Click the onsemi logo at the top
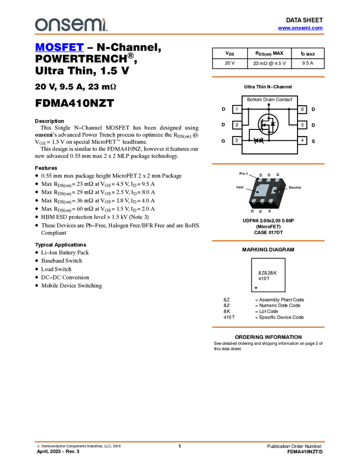coord(71,25)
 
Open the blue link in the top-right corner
coord(300,28)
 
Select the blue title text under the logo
coord(59,48)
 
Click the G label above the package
coord(278,175)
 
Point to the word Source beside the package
coord(295,187)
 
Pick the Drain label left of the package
coord(239,187)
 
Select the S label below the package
coord(270,211)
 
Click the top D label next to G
coord(269,175)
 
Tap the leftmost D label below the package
coord(252,211)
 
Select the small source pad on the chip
coord(275,190)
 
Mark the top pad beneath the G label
coord(277,180)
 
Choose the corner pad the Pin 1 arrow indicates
coord(260,180)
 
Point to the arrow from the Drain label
coord(253,191)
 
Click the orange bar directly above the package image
coord(268,164)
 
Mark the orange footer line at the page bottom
coord(179,441)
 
